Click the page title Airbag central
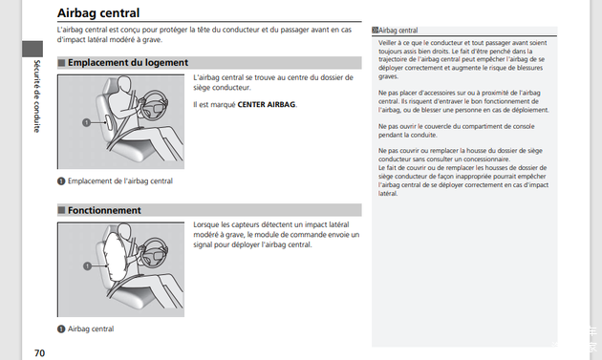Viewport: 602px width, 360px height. pos(98,13)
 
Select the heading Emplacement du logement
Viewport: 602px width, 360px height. pos(128,63)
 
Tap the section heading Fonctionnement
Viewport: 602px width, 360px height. pos(104,210)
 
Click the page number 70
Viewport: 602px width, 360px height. pos(39,353)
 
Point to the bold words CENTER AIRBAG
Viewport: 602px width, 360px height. pos(267,104)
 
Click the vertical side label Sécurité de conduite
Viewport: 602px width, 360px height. pos(37,96)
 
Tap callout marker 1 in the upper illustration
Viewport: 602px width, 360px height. pos(86,122)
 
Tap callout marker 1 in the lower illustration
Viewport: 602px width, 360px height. pos(87,266)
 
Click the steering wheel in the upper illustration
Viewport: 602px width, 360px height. pos(155,104)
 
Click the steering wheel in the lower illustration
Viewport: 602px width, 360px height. pos(155,252)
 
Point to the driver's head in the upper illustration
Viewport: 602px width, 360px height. pos(124,84)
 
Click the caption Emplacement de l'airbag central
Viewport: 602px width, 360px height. pos(120,181)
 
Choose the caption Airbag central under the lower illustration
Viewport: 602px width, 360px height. pos(91,328)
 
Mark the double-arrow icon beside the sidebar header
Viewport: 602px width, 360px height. pos(376,30)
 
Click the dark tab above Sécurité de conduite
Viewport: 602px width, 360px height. pos(32,49)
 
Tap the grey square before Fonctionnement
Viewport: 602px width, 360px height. pos(61,210)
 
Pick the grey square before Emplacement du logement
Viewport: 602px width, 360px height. pos(61,63)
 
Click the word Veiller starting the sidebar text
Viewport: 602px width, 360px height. pos(387,43)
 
